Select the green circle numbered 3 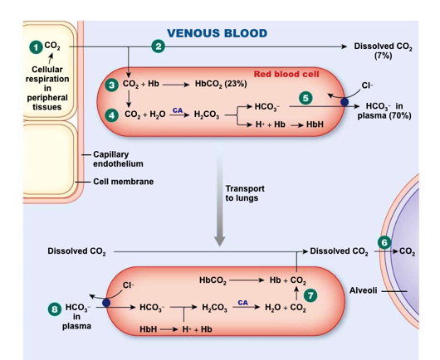(112, 85)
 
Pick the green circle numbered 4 (112, 114)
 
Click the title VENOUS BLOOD (217, 33)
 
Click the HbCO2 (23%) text (221, 85)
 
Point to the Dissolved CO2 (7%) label (383, 50)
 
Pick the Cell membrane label (123, 182)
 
